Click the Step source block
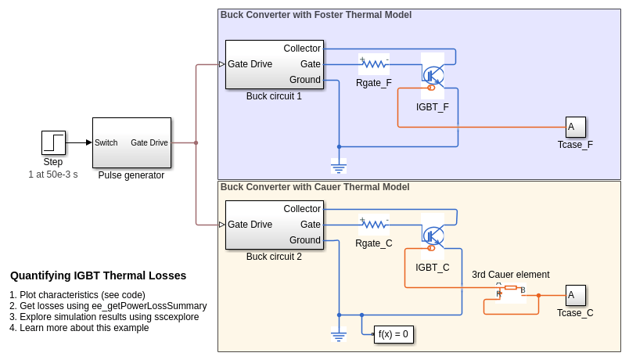53,142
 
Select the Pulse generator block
131,142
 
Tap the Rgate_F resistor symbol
374,64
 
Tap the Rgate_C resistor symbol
374,225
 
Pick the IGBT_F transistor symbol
433,75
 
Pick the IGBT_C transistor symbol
433,236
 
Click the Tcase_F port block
575,127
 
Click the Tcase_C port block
575,295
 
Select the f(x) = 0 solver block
394,334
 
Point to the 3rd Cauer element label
510,275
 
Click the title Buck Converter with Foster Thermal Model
316,15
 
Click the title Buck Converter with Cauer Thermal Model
314,187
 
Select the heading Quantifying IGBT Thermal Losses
99,275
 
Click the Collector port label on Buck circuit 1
302,49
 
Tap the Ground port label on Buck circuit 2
305,240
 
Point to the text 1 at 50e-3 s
53,174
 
